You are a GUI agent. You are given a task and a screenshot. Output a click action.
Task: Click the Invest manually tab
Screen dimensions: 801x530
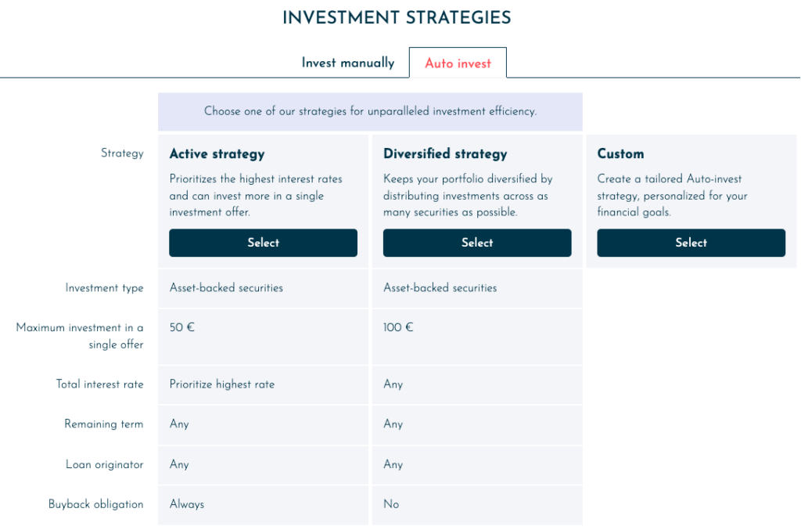[x=348, y=63]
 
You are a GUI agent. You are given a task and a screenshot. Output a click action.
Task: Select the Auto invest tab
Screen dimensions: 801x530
[x=458, y=63]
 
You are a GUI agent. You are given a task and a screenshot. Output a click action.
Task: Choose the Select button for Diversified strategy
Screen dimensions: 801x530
[x=477, y=243]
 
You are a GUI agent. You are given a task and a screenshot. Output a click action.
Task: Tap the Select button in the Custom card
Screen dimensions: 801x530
[x=691, y=243]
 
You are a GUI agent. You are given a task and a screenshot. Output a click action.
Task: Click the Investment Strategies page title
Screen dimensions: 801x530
[x=397, y=18]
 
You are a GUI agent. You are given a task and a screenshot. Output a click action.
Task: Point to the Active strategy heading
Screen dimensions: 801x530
[x=217, y=154]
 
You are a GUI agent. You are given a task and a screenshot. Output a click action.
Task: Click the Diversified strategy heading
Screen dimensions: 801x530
[x=445, y=154]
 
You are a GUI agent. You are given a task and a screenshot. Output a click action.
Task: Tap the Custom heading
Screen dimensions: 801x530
[x=620, y=154]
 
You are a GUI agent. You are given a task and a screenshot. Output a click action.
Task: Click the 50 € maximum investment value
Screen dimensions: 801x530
[x=181, y=327]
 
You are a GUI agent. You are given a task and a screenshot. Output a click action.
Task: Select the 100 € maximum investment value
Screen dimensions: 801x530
[x=398, y=327]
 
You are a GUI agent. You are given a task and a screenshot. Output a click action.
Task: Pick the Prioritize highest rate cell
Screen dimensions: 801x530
[x=222, y=384]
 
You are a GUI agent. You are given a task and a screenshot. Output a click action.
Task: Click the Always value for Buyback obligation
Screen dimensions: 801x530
[x=187, y=504]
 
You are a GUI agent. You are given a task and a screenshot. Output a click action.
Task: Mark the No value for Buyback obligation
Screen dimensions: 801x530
[x=391, y=504]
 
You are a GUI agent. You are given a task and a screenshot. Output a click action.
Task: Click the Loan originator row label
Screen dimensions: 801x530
[x=104, y=464]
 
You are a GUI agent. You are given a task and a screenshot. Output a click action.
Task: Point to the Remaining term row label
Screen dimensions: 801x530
[x=104, y=424]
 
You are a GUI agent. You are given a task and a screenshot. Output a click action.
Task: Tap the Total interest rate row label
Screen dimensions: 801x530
[x=99, y=384]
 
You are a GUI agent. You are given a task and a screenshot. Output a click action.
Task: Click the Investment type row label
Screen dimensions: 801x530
[x=104, y=288]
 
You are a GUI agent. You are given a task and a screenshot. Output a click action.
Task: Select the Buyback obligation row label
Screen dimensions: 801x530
[x=96, y=504]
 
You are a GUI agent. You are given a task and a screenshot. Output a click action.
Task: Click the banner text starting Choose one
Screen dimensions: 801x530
[x=370, y=111]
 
